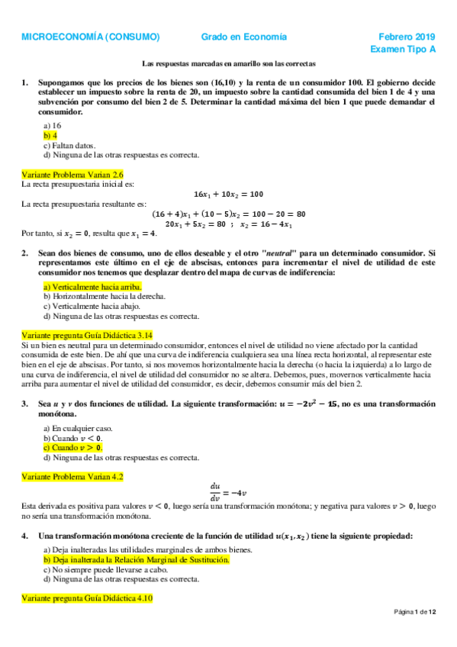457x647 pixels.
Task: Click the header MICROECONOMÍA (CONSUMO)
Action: pyautogui.click(x=90, y=36)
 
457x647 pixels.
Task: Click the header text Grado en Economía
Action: pyautogui.click(x=244, y=36)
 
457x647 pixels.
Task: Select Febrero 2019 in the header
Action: pyautogui.click(x=407, y=36)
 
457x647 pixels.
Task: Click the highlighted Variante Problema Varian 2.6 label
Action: pyautogui.click(x=72, y=174)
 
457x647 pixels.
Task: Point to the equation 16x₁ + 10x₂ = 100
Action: pyautogui.click(x=229, y=194)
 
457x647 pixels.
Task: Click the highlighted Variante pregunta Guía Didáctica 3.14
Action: pyautogui.click(x=87, y=335)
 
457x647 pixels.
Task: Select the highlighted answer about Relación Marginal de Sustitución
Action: pyautogui.click(x=137, y=559)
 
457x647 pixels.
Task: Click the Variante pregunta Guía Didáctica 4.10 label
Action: pyautogui.click(x=87, y=599)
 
